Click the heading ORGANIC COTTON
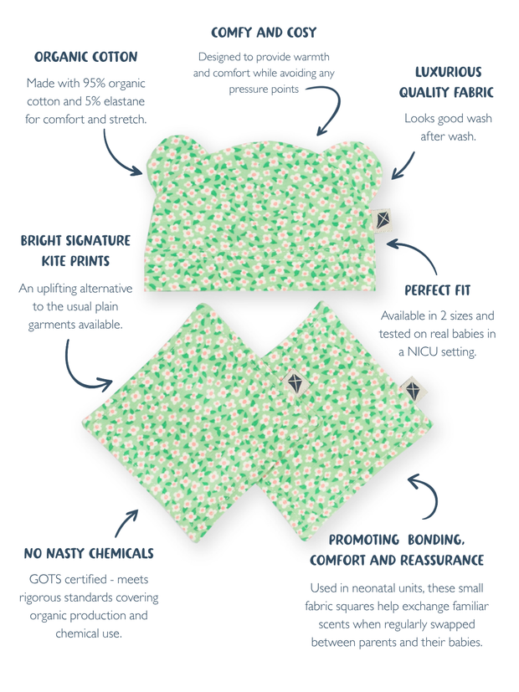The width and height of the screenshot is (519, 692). coord(85,57)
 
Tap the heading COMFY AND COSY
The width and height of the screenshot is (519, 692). coord(264,33)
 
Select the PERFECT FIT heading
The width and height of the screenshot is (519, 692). coord(437,290)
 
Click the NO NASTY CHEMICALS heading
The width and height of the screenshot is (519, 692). coord(89,553)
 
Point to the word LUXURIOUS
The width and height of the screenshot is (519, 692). coord(448,72)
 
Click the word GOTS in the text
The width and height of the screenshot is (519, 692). coord(47,578)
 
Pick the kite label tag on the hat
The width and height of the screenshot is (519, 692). coord(383,218)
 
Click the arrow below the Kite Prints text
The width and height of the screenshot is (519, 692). coord(84,372)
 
